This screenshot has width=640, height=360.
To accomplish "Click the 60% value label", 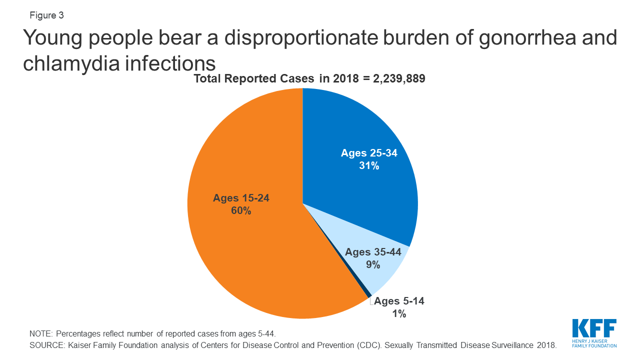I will [241, 211].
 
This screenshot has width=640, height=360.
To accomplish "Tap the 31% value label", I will [369, 166].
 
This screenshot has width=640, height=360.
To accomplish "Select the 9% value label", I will [373, 265].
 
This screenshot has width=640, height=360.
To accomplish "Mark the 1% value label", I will [399, 314].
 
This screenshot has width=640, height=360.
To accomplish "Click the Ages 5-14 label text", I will [399, 301].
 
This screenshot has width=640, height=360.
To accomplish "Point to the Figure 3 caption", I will [46, 15].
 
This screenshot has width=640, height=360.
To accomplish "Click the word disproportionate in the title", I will [294, 38].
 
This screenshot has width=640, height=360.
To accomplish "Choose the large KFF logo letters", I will [594, 328].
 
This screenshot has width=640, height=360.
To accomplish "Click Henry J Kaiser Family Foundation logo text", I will [594, 343].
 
